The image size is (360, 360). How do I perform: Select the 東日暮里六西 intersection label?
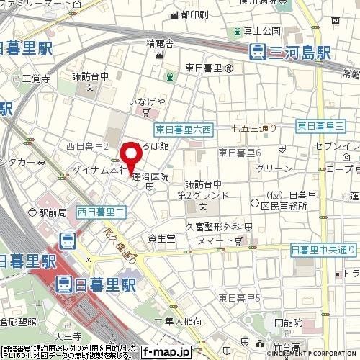click(x=183, y=130)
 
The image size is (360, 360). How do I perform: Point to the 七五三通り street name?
click(x=255, y=129)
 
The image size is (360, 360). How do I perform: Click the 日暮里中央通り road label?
click(x=323, y=249)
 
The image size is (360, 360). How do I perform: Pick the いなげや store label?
click(x=147, y=102)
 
